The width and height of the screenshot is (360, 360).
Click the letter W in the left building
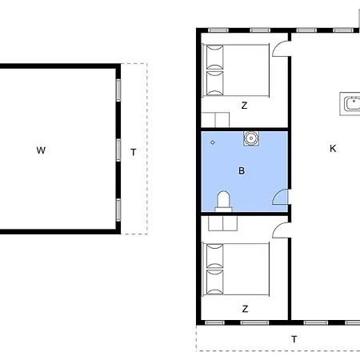pos(41,150)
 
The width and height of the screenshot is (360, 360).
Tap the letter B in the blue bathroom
pos(242,170)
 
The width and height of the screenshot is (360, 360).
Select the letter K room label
pos(333,149)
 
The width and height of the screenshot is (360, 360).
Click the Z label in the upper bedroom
pos(244,106)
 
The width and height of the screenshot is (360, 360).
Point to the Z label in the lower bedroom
pos(245,309)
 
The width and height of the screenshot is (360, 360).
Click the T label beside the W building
pos(134,152)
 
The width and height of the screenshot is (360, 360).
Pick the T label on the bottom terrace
pos(294,339)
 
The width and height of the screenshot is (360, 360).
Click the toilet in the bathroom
pos(223,202)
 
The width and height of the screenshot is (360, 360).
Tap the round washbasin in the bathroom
pos(251,138)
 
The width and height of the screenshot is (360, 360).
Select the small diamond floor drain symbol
pos(213,142)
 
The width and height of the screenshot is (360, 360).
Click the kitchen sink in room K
pos(350,104)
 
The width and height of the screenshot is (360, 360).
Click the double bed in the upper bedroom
pos(236,70)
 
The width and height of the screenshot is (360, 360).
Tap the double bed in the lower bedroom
pos(236,270)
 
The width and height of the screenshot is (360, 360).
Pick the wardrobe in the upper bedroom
pos(215,120)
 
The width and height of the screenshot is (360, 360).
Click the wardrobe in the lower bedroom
pos(222,223)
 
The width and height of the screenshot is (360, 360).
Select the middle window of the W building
pos(118,150)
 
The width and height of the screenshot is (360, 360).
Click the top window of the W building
pos(118,90)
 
